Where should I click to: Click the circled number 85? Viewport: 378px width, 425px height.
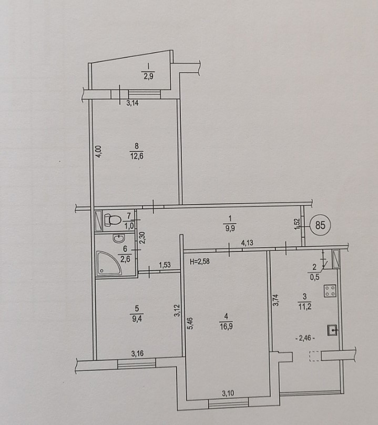[x=320, y=225]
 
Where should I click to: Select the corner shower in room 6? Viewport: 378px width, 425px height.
[x=108, y=263]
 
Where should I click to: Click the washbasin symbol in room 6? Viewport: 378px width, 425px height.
[x=118, y=238]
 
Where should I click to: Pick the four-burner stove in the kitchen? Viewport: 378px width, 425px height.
[x=330, y=291]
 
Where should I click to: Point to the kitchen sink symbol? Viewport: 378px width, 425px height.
[x=333, y=330]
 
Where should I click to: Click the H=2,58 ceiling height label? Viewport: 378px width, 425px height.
[x=199, y=262]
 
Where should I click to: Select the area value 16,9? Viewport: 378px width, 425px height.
[x=227, y=327]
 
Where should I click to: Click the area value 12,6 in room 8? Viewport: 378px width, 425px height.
[x=136, y=156]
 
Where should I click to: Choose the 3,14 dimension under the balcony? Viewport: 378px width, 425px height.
[x=132, y=103]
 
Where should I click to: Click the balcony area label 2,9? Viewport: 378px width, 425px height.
[x=148, y=76]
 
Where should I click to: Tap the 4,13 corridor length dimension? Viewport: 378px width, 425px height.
[x=247, y=242]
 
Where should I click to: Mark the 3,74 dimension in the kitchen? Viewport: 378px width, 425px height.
[x=275, y=300]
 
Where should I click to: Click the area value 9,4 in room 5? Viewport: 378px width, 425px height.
[x=137, y=318]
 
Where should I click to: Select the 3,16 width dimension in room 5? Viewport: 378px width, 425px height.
[x=137, y=353]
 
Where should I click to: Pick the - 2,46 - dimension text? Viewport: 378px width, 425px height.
[x=306, y=338]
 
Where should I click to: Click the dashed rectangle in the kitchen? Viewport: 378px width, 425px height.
[x=315, y=356]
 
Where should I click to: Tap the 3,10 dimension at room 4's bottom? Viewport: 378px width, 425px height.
[x=228, y=393]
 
